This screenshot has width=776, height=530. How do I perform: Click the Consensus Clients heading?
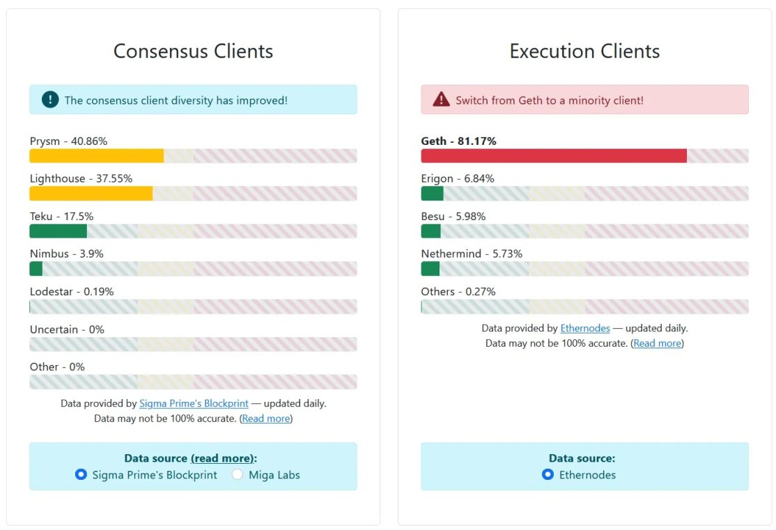(x=193, y=52)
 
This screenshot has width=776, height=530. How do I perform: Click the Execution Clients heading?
(x=584, y=52)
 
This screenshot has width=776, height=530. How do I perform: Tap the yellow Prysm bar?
(x=96, y=156)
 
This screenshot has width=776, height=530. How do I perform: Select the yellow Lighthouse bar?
(x=91, y=194)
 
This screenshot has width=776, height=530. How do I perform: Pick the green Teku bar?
(x=58, y=231)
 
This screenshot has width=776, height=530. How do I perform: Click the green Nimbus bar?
(x=36, y=269)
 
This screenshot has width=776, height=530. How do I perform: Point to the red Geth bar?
(x=554, y=156)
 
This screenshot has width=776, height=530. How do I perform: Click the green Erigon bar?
(x=432, y=194)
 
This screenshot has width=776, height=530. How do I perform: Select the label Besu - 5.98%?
(x=453, y=217)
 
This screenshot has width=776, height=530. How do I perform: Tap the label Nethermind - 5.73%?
(x=472, y=254)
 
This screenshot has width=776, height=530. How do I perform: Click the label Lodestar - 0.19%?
(x=72, y=292)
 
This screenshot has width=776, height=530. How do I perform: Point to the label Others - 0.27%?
(x=458, y=292)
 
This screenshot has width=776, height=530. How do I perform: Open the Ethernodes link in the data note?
(x=585, y=328)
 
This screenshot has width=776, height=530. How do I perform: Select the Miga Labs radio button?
(x=238, y=475)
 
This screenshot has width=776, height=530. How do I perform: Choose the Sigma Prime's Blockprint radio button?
(x=81, y=475)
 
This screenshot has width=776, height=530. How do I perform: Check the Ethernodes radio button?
(x=548, y=475)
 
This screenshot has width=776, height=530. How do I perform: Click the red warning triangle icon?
(x=441, y=100)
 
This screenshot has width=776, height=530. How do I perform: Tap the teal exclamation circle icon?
(x=50, y=100)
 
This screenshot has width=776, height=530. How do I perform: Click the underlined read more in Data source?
(x=222, y=458)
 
